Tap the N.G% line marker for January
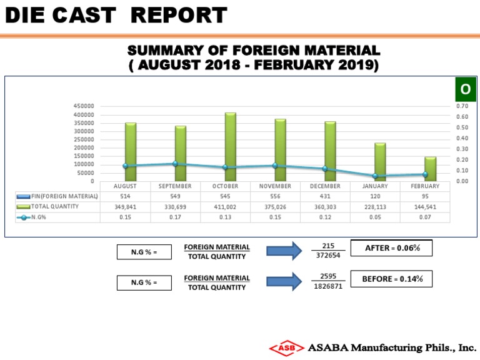(375, 176)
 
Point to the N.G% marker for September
(175, 164)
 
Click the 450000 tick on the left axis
(84, 106)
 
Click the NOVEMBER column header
(275, 186)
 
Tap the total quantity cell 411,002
(225, 206)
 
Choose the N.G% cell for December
(325, 217)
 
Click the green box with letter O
(465, 90)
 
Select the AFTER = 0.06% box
(391, 248)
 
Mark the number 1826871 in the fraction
(328, 287)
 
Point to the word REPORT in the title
(181, 16)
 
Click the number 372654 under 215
(328, 256)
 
